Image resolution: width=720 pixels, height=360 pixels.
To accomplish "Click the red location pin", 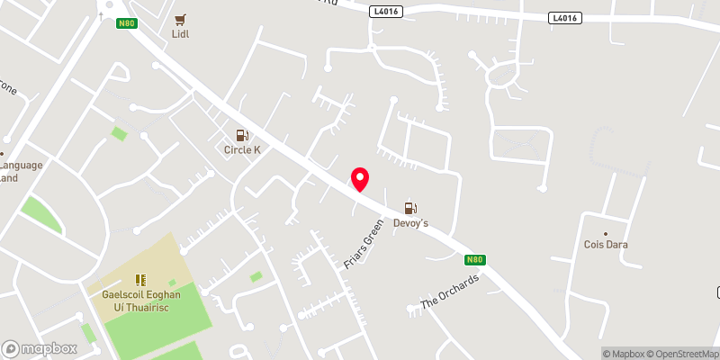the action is (x=360, y=178).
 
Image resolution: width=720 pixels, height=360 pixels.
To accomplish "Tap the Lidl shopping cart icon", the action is (x=180, y=19).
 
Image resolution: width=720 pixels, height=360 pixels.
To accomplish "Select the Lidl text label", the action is (x=180, y=34).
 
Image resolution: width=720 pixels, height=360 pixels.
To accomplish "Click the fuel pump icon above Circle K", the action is (x=242, y=135).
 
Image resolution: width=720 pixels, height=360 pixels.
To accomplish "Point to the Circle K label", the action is (x=242, y=149).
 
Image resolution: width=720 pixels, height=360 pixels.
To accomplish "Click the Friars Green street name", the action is (x=364, y=247).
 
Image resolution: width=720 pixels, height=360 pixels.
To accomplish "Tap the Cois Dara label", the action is (x=606, y=245).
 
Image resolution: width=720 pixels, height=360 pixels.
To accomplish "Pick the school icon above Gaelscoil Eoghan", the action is (x=140, y=281).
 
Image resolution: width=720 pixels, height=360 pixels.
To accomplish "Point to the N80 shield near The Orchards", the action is (x=476, y=260).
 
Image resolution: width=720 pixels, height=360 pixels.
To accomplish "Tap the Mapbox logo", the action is (x=38, y=348).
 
